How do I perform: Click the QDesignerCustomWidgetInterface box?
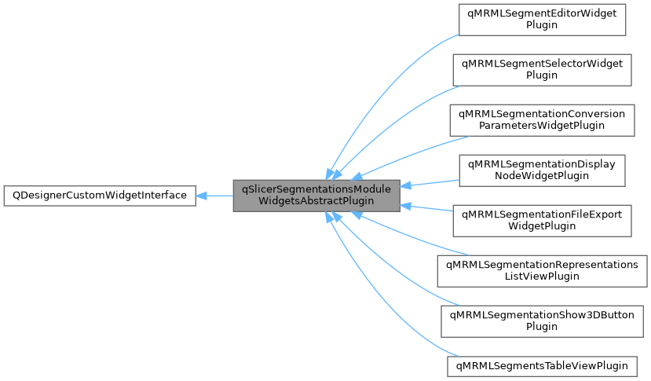99,195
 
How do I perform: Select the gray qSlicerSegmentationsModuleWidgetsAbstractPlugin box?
316,195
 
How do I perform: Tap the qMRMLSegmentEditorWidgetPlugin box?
542,19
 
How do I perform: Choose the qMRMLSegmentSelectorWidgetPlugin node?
542,69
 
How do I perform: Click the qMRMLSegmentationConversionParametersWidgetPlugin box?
542,119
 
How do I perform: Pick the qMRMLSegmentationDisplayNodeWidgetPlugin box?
542,170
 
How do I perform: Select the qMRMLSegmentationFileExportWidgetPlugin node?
542,220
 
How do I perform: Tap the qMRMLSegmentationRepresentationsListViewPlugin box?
542,270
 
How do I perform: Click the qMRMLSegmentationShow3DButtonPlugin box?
542,321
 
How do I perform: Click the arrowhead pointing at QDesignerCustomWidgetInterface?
202,195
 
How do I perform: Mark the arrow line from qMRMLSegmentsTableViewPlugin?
393,314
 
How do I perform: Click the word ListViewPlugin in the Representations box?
542,277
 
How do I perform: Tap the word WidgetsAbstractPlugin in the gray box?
316,201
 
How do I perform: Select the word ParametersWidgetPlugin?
542,126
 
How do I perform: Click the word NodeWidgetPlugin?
542,176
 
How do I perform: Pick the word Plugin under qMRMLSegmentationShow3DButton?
542,327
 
